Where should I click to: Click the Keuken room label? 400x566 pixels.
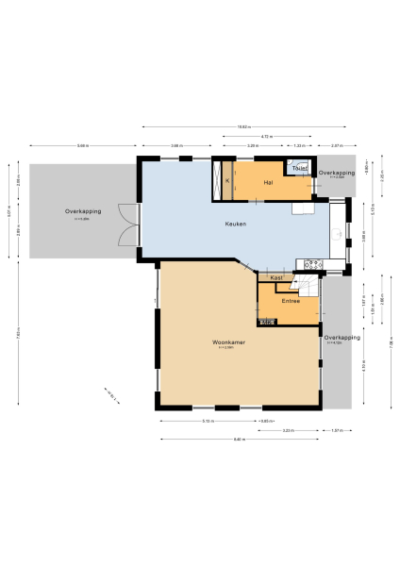click(236, 224)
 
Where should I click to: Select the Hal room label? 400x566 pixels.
click(268, 181)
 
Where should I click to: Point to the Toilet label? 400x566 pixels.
click(299, 168)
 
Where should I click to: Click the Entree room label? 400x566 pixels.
click(289, 301)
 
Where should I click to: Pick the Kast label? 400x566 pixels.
click(275, 277)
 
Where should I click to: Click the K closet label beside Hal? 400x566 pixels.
click(227, 180)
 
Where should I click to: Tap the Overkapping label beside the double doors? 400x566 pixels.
click(83, 212)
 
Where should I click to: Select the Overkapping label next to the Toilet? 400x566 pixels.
click(336, 174)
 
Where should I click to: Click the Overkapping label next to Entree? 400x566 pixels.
click(342, 338)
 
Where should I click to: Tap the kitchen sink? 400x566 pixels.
click(339, 234)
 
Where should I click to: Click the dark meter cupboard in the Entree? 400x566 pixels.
click(267, 322)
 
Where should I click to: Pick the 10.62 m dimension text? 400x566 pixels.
click(242, 126)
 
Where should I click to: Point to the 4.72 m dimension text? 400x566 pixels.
click(267, 137)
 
